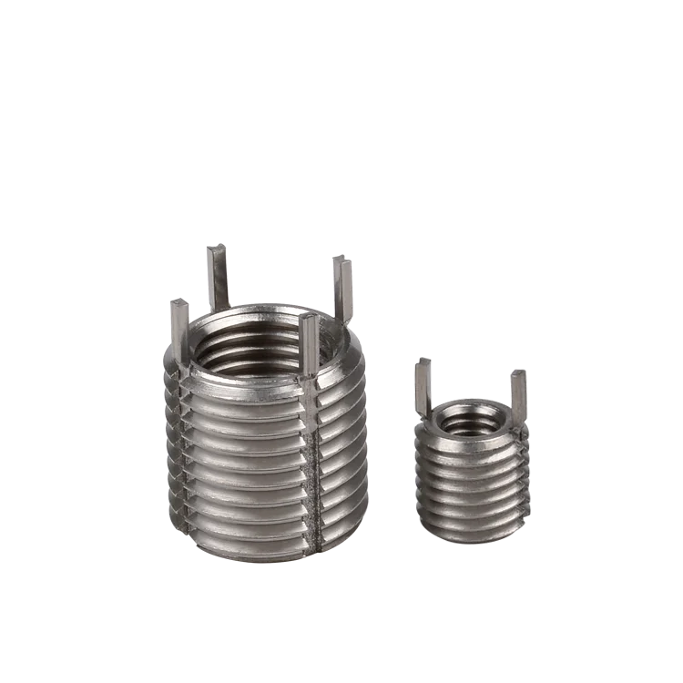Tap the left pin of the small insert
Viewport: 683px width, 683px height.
point(424,387)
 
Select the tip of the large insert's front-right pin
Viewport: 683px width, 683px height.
point(309,319)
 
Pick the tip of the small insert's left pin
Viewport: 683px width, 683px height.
point(423,363)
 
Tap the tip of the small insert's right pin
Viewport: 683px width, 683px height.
point(517,372)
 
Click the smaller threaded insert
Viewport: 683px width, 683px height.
point(470,455)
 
